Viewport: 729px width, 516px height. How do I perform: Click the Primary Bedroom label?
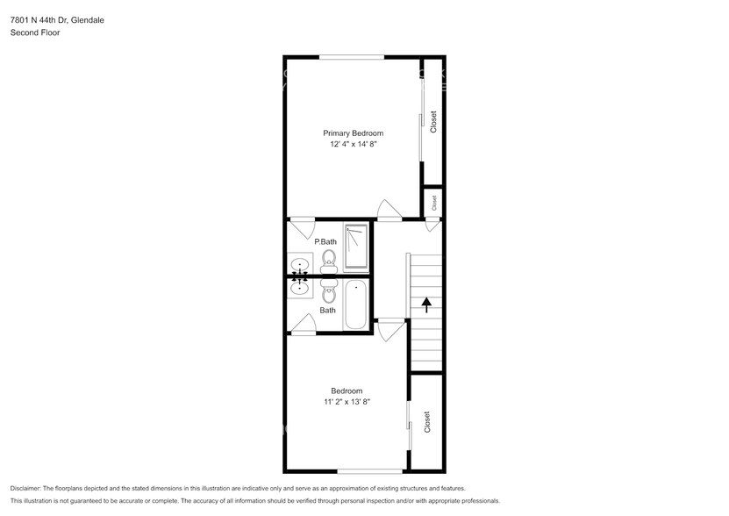tap(353, 133)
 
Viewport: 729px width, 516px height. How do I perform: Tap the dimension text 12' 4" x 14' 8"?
tap(353, 145)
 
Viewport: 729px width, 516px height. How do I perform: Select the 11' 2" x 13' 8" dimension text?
tap(346, 402)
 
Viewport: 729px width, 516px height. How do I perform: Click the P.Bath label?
tap(325, 241)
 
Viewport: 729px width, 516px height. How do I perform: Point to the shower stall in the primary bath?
tap(355, 246)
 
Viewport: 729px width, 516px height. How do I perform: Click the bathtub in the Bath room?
tap(355, 305)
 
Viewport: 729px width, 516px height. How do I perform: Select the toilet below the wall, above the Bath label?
tap(329, 291)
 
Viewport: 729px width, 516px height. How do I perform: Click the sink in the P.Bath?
tap(299, 263)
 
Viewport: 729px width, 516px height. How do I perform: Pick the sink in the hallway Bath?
tap(299, 286)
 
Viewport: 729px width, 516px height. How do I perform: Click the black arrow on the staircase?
tap(427, 305)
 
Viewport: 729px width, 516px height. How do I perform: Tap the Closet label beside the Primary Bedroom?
tap(433, 122)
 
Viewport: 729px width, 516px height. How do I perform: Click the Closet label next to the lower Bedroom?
tap(427, 422)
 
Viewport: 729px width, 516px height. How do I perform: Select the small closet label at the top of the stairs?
tap(432, 202)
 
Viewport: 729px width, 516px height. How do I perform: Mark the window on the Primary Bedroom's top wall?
tap(351, 57)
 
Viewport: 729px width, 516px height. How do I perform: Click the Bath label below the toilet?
tap(327, 310)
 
